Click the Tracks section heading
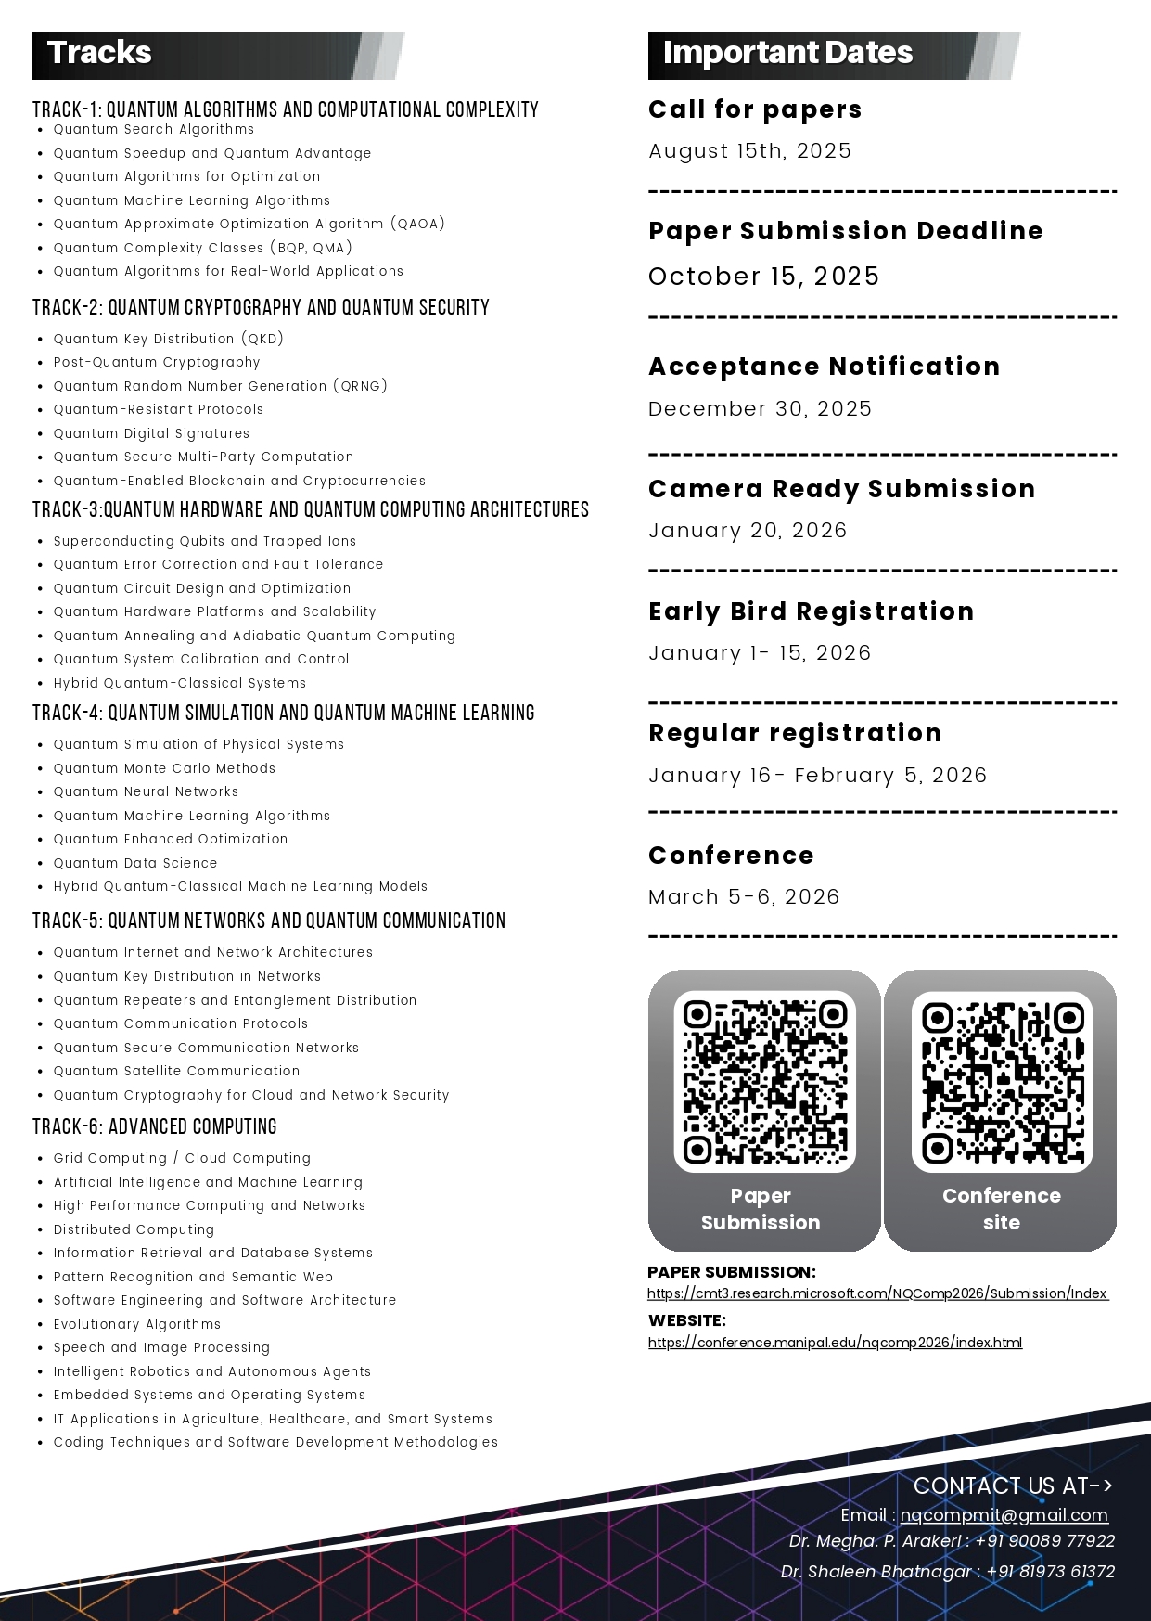[99, 53]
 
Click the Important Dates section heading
[787, 53]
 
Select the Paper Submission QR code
[764, 1082]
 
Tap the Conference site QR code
[1002, 1082]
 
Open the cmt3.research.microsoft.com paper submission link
[877, 1293]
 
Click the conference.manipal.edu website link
[835, 1343]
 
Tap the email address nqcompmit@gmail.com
[1004, 1515]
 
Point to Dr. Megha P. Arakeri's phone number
[1044, 1541]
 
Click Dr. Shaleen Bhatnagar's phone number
[1050, 1572]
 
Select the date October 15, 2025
[763, 277]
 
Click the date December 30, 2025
[760, 409]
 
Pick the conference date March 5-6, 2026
[744, 897]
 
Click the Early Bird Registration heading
[811, 611]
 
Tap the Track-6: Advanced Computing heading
[155, 1127]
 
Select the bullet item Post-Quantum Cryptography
[157, 363]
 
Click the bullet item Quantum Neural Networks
[146, 792]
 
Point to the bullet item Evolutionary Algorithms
[137, 1325]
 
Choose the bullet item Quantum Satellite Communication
[176, 1072]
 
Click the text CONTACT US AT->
[1012, 1486]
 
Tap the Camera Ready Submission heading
[841, 489]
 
